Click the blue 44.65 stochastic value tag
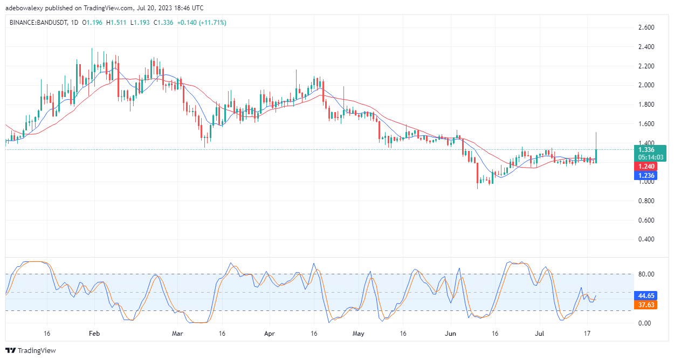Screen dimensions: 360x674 (646, 296)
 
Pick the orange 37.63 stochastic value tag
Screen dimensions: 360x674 (646, 305)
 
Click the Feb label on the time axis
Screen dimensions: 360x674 (94, 334)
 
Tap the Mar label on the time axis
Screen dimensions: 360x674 (177, 334)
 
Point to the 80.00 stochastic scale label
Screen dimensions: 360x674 (646, 274)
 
